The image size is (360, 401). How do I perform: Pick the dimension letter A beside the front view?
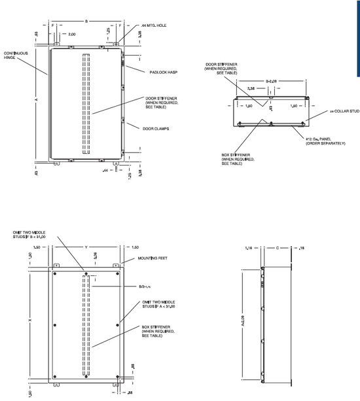pos(37,99)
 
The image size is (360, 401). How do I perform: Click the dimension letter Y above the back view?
pos(86,247)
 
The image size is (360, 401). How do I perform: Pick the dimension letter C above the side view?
pos(278,249)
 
